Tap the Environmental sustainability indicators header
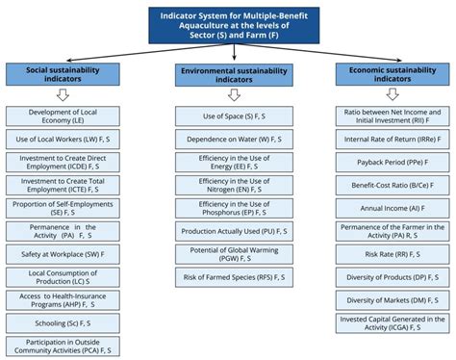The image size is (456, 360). pyautogui.click(x=228, y=75)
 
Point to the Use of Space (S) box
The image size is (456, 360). pyautogui.click(x=228, y=116)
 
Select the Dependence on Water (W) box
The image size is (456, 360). pyautogui.click(x=228, y=140)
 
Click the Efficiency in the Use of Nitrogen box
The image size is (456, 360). pyautogui.click(x=228, y=184)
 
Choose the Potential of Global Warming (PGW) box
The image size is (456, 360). pyautogui.click(x=228, y=254)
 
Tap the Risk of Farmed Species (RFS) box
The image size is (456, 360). pyautogui.click(x=228, y=277)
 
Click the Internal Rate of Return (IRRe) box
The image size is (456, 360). pyautogui.click(x=393, y=141)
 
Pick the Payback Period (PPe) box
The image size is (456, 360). pyautogui.click(x=393, y=163)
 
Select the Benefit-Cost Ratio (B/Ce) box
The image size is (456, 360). pyautogui.click(x=393, y=185)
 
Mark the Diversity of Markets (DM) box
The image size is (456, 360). pyautogui.click(x=393, y=299)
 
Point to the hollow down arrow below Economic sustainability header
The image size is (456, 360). pyautogui.click(x=393, y=94)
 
